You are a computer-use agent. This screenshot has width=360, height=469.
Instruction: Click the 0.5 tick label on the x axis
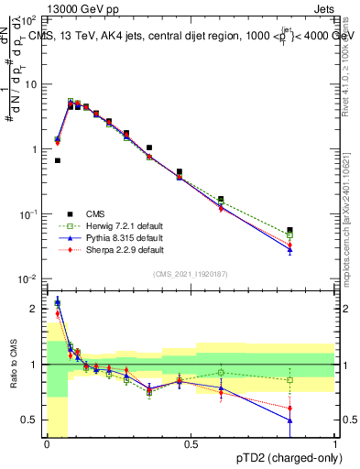click(191, 444)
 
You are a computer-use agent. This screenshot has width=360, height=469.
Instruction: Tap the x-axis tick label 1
click(334, 444)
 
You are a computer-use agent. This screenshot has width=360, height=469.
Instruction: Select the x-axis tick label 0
click(47, 444)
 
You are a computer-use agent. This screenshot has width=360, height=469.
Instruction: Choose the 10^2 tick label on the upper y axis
click(29, 19)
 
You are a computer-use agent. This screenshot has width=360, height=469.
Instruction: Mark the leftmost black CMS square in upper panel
click(58, 160)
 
